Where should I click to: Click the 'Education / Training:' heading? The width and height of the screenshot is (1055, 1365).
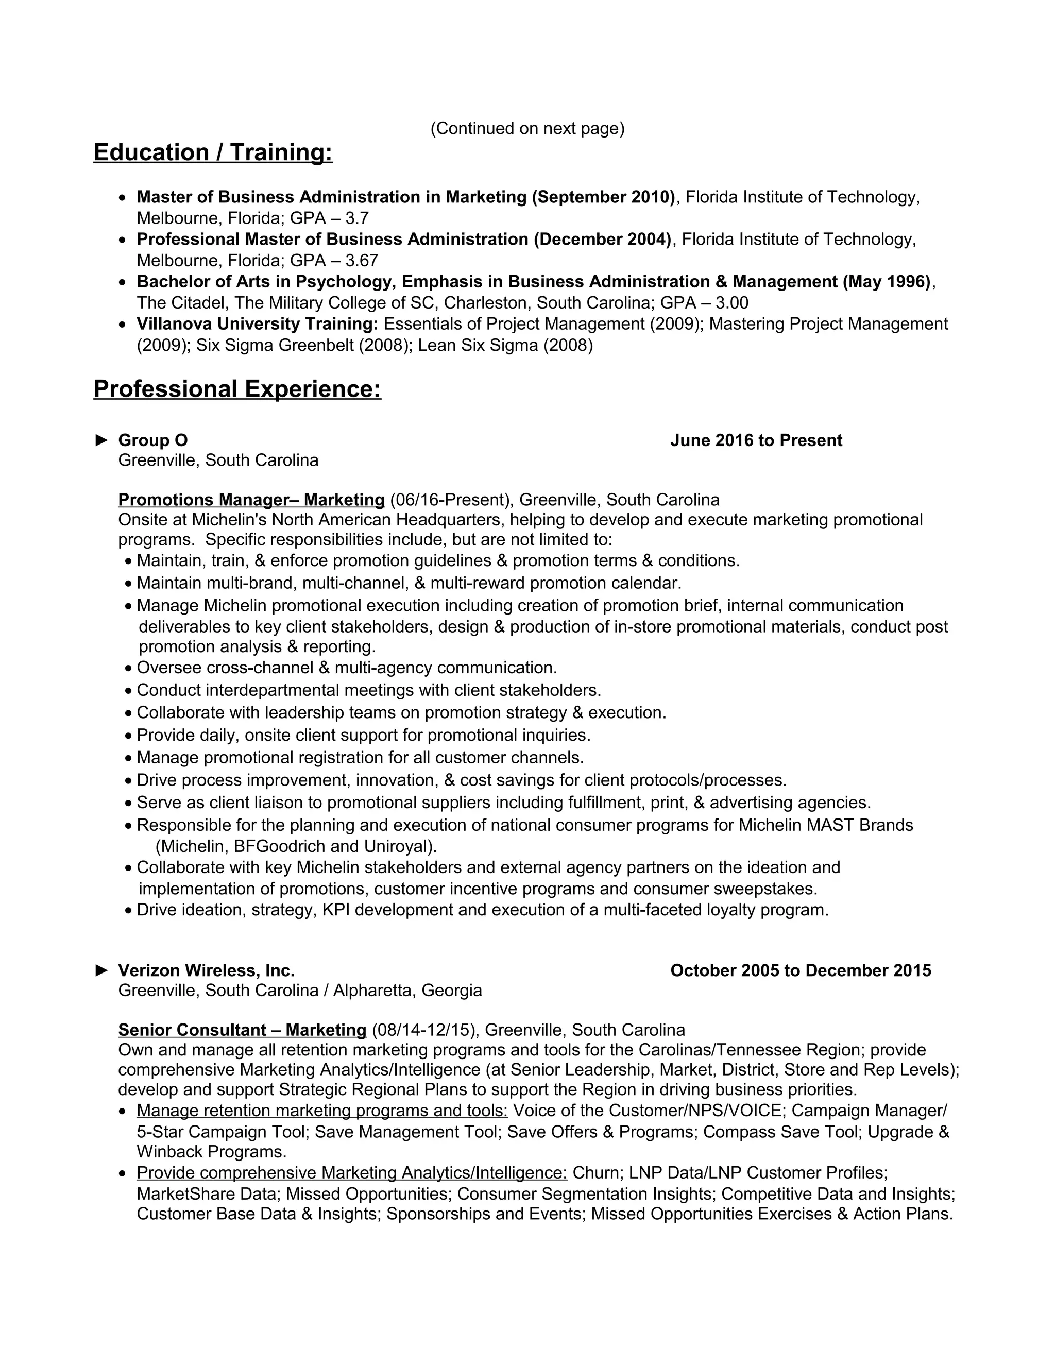[213, 152]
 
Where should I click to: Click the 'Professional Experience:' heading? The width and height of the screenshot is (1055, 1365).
[237, 389]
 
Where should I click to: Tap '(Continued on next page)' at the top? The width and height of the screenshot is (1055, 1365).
[527, 128]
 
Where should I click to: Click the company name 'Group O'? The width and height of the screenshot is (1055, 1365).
[152, 440]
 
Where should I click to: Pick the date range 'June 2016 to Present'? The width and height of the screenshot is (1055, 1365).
[756, 440]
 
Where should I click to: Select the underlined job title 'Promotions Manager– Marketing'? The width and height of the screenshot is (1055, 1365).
[251, 500]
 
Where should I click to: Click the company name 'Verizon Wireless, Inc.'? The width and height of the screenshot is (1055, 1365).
[206, 970]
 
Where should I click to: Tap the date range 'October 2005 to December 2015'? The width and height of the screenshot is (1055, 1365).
[800, 970]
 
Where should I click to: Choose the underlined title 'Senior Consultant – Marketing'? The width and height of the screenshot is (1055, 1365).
[242, 1030]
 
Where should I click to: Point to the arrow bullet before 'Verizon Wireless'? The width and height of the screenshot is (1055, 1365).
[101, 970]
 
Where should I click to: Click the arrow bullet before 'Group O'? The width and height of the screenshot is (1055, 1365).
[101, 440]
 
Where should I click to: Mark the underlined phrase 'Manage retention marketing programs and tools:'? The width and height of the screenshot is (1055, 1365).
[322, 1111]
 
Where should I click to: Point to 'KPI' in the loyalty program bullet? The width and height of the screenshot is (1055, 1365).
[336, 910]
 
